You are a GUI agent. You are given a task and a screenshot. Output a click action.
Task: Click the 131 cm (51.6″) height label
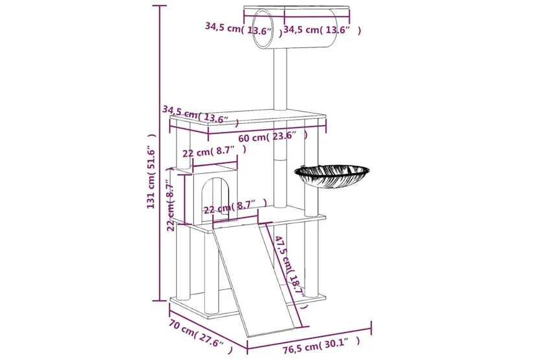click(151, 171)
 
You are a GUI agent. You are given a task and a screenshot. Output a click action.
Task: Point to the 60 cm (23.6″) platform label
click(272, 137)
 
